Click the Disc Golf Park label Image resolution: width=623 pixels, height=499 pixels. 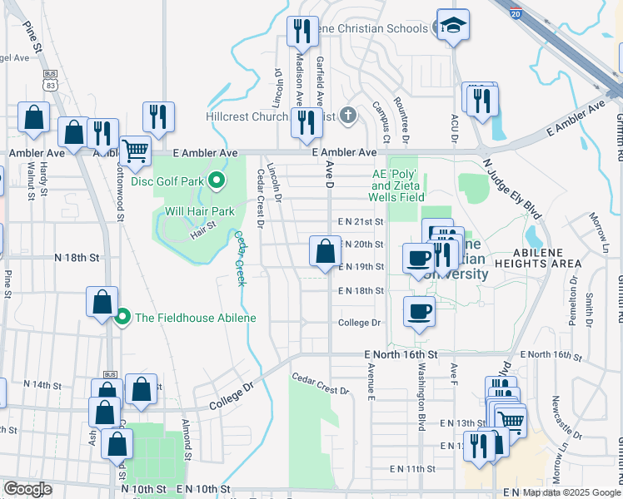click(x=167, y=180)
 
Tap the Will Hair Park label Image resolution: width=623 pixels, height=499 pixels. click(x=199, y=211)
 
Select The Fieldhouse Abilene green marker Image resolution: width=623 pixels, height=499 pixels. click(x=122, y=317)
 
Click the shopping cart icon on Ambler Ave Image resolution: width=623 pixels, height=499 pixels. click(x=134, y=151)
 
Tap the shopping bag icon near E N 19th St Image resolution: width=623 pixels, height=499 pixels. click(x=325, y=251)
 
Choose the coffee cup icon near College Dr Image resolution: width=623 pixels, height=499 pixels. click(x=420, y=311)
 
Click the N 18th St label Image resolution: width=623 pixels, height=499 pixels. click(x=77, y=258)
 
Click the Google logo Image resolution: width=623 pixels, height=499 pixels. click(x=28, y=489)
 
